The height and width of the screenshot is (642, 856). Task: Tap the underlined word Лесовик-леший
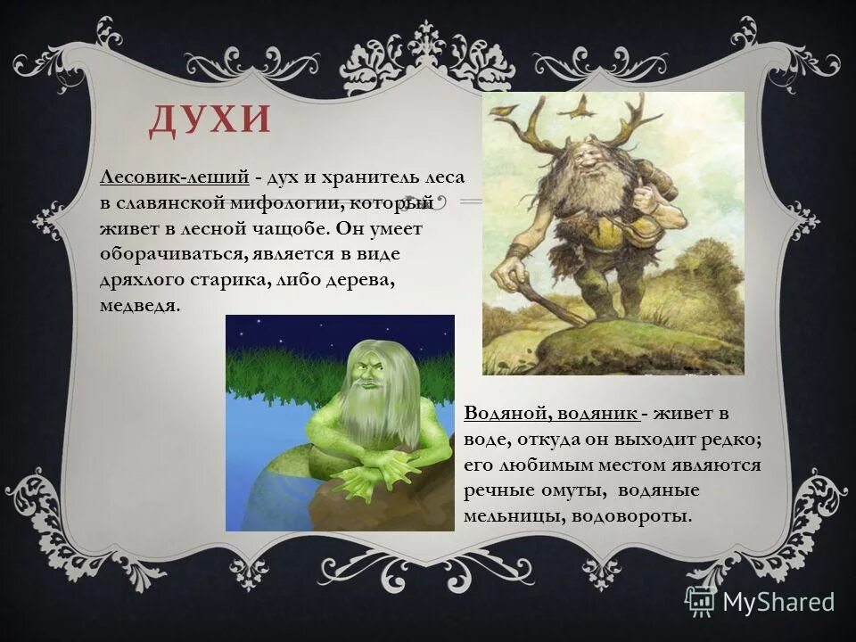(173, 179)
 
